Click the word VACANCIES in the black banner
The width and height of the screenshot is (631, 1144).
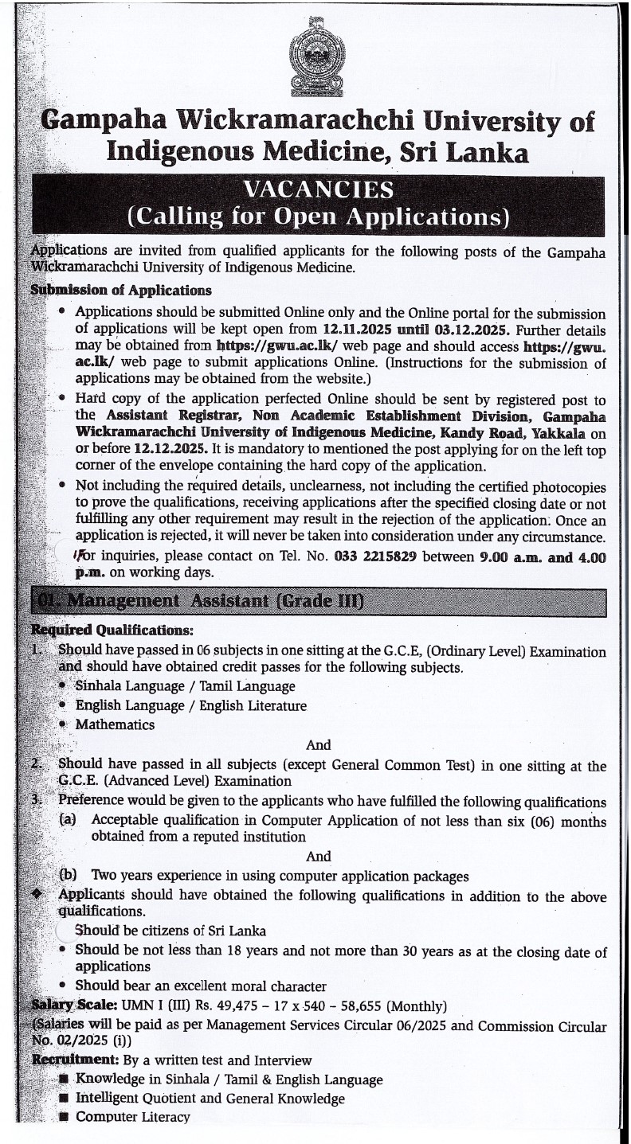click(318, 190)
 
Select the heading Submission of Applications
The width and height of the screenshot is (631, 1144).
click(120, 290)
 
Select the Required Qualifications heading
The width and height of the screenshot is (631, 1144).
click(112, 631)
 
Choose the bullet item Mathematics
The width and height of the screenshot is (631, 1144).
click(115, 724)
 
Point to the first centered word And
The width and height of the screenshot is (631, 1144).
click(318, 745)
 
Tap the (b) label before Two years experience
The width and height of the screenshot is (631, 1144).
click(69, 876)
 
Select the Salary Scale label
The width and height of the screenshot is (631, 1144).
click(74, 1005)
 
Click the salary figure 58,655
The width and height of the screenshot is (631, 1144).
click(388, 1005)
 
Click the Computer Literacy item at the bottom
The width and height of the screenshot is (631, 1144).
click(132, 1117)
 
